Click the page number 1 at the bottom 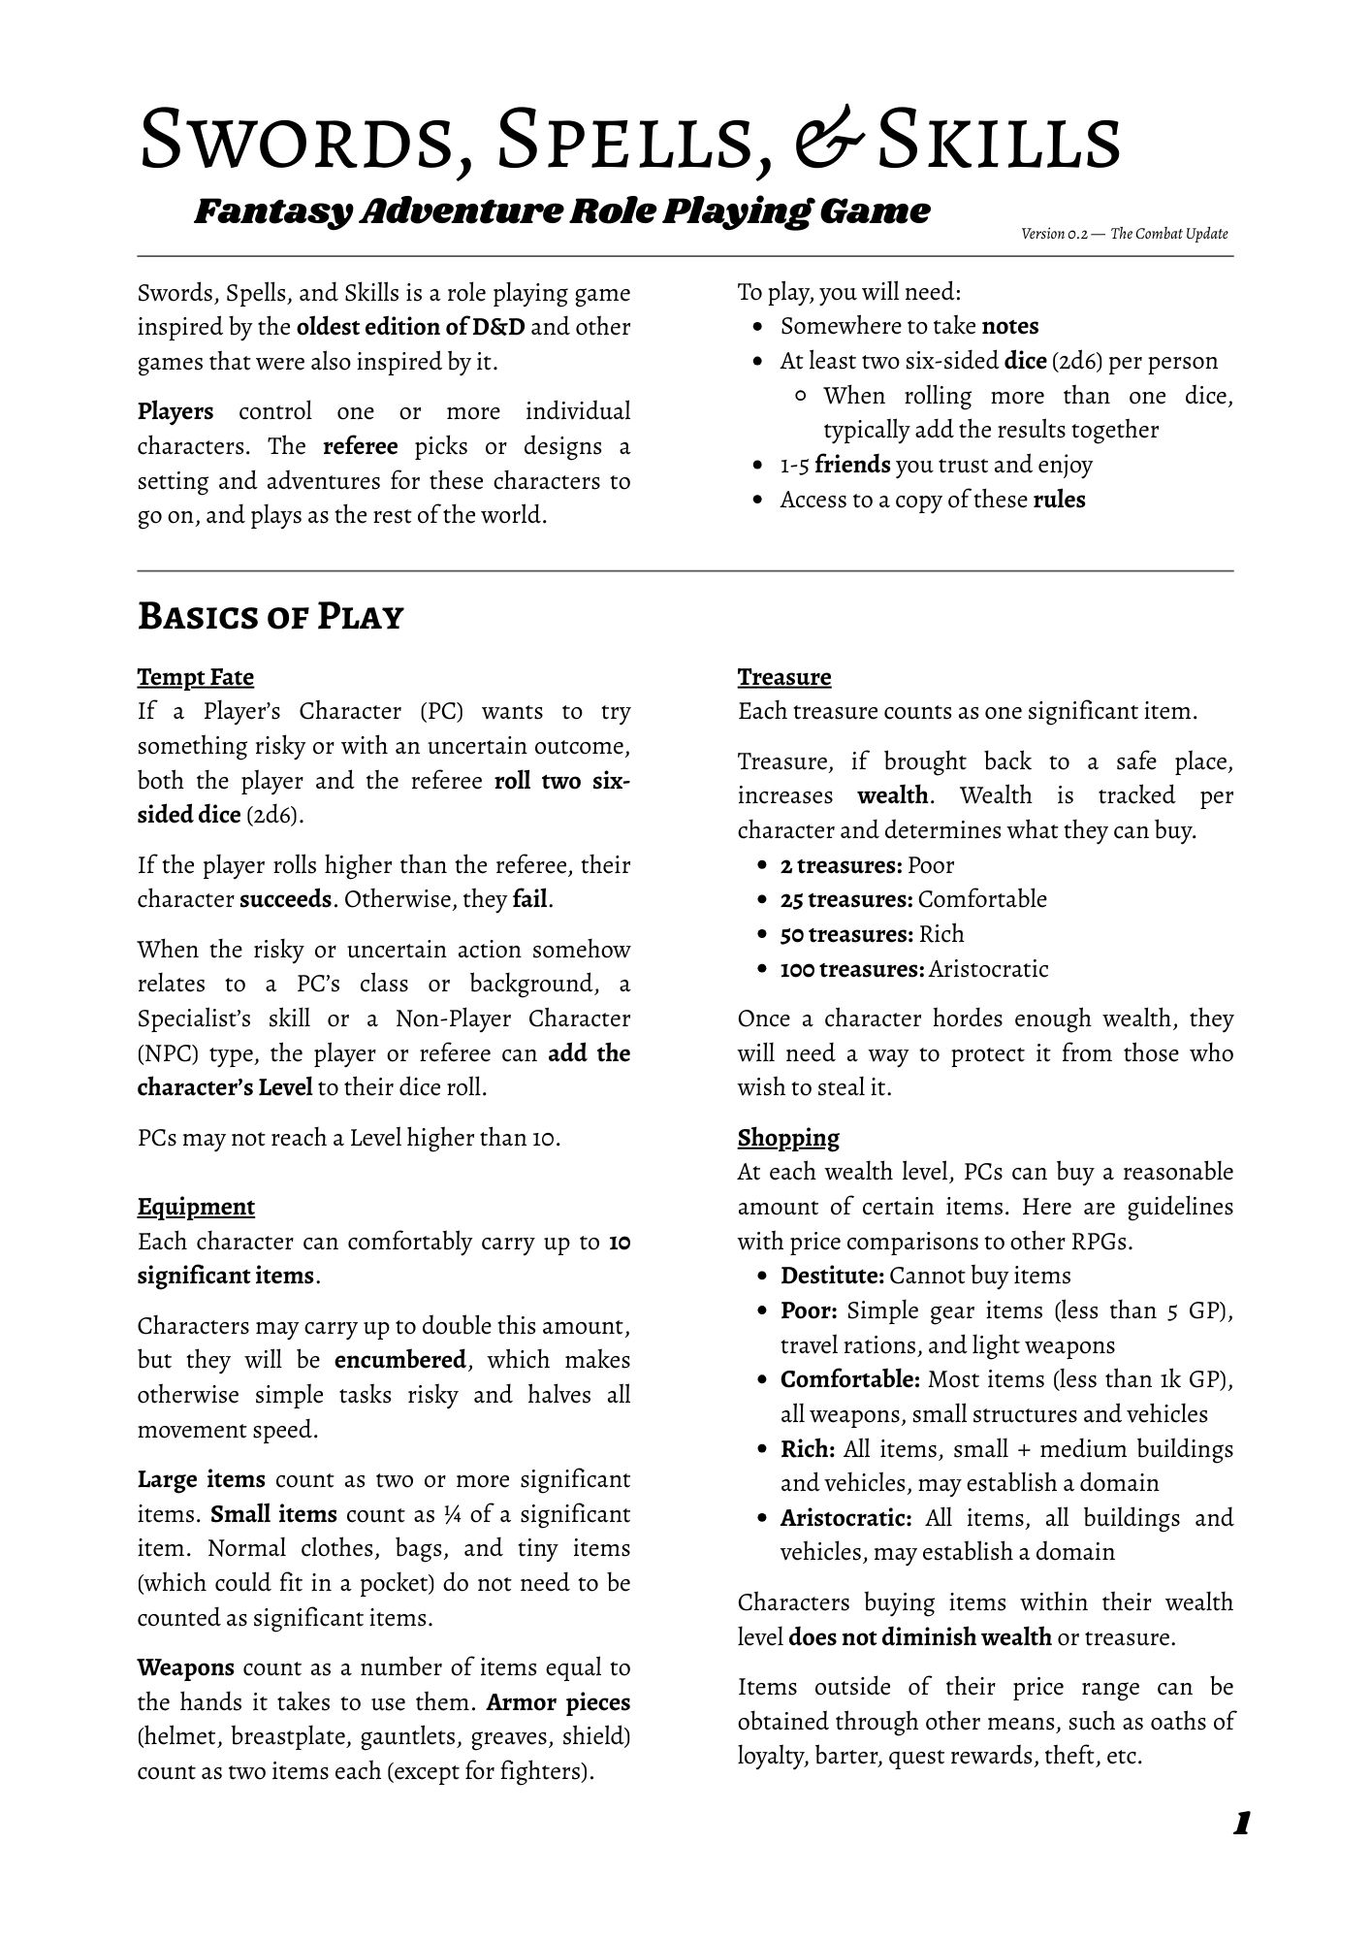1240,1824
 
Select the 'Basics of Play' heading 270,616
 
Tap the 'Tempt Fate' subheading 195,677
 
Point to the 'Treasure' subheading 783,677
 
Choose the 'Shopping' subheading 787,1137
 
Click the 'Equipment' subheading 196,1207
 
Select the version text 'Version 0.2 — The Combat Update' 1124,234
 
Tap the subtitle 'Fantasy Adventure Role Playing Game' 561,211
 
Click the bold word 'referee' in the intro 360,446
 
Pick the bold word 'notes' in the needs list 1009,326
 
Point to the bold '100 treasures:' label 851,969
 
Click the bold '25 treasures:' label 845,899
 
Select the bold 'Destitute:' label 832,1276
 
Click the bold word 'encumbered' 400,1360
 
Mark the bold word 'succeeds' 286,899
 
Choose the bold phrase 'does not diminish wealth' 919,1637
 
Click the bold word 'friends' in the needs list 851,465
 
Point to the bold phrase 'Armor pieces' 558,1702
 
